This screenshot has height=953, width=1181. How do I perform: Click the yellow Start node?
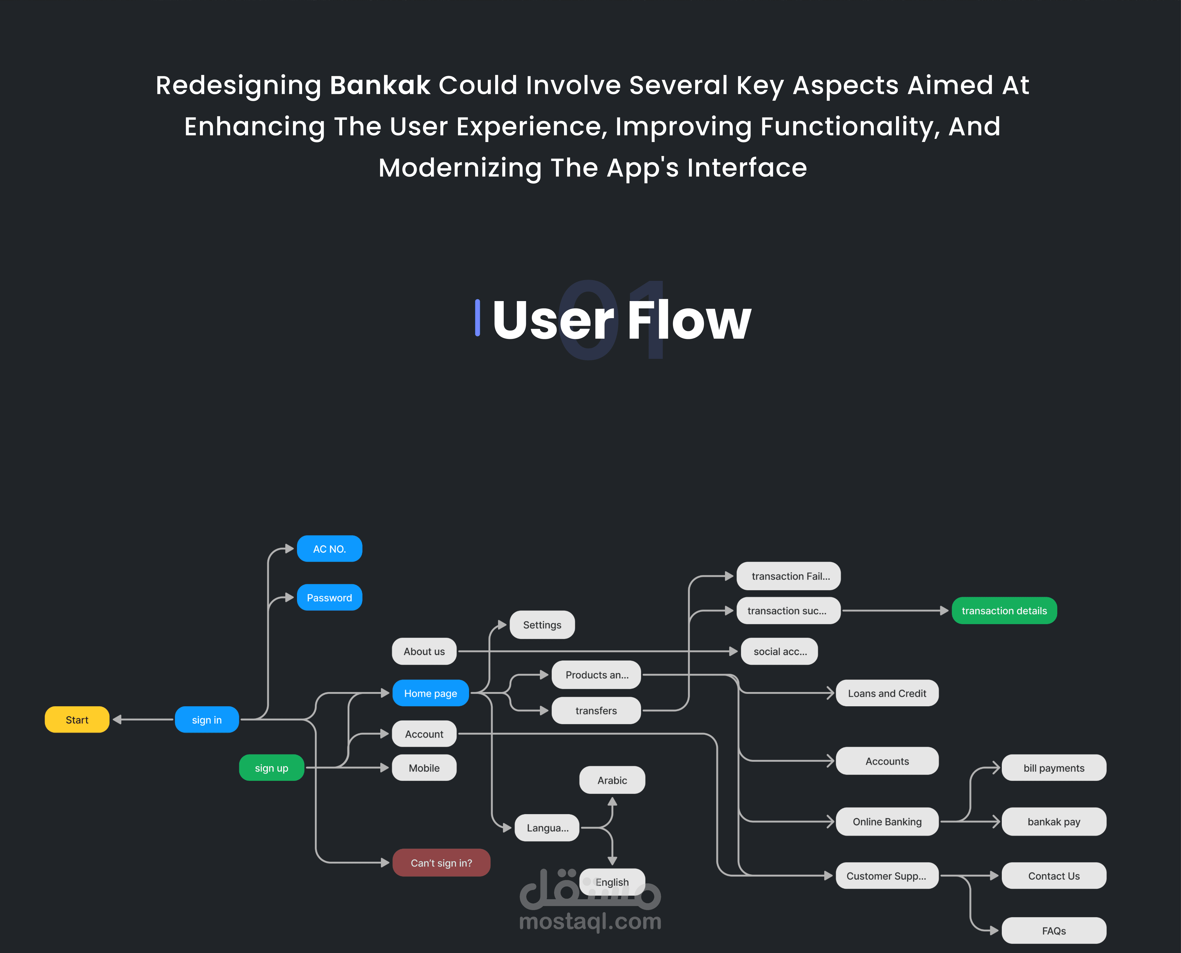tap(77, 720)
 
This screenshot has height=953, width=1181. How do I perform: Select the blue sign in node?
tap(207, 720)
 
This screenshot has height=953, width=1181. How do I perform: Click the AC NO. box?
tap(329, 549)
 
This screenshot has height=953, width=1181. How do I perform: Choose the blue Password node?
tap(329, 598)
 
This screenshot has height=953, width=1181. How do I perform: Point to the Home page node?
tap(430, 693)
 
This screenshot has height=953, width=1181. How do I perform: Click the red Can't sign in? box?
tap(441, 863)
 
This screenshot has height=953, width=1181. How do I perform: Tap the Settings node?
tap(542, 625)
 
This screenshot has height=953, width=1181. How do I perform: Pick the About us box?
tap(424, 652)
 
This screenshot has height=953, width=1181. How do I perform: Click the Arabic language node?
tap(612, 780)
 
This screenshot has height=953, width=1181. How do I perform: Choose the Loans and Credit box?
tap(887, 693)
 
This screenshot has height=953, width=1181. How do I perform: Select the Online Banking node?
tap(887, 822)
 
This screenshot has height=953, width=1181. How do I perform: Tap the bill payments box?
tap(1054, 768)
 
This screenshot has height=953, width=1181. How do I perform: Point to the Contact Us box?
tap(1054, 876)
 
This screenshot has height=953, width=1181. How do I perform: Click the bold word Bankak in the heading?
tap(380, 86)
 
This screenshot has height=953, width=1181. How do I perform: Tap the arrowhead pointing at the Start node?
tap(117, 720)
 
